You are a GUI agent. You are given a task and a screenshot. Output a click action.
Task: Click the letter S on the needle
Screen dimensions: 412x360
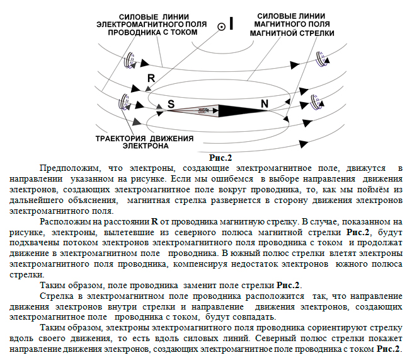pos(171,104)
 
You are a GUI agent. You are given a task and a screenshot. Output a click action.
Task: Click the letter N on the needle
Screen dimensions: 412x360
pos(265,104)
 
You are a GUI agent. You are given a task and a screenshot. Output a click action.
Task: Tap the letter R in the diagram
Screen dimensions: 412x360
pos(151,78)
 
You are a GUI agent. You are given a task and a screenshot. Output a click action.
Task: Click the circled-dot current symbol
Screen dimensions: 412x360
pos(222,27)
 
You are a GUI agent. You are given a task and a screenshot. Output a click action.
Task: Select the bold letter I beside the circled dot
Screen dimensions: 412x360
pos(231,23)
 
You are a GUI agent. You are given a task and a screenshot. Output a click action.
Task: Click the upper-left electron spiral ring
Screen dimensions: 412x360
pos(130,61)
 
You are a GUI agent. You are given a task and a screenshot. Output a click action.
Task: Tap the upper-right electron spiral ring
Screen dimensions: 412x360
pos(322,59)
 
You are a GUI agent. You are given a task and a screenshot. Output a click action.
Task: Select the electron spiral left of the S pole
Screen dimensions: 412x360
pos(124,102)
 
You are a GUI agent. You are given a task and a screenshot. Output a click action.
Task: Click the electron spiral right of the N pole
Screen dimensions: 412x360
pos(316,102)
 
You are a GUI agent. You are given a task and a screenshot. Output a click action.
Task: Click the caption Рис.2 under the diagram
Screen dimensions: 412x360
pos(220,158)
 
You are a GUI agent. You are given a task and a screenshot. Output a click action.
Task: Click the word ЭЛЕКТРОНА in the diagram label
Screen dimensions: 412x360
pos(146,146)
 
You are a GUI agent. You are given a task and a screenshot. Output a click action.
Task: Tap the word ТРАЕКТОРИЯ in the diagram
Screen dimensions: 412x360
pos(120,139)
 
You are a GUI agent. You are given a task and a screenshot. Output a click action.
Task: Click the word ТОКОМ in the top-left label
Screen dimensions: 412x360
pos(184,32)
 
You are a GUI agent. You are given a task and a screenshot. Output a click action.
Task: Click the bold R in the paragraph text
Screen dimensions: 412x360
pos(155,222)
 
